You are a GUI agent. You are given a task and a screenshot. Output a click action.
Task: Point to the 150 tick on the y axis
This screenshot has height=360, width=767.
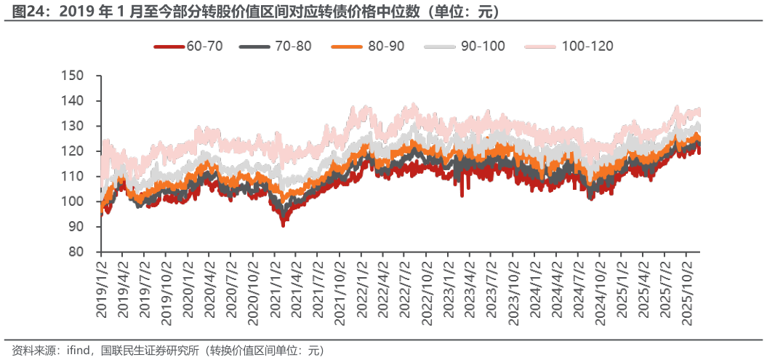74,75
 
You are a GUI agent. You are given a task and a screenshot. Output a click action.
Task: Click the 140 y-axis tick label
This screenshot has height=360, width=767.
74,100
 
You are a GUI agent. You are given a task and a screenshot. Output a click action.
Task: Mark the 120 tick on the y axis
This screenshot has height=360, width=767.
74,151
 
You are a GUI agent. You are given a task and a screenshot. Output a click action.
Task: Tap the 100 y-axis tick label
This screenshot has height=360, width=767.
74,201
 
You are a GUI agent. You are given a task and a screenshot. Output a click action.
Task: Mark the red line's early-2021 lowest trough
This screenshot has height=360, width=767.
283,227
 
